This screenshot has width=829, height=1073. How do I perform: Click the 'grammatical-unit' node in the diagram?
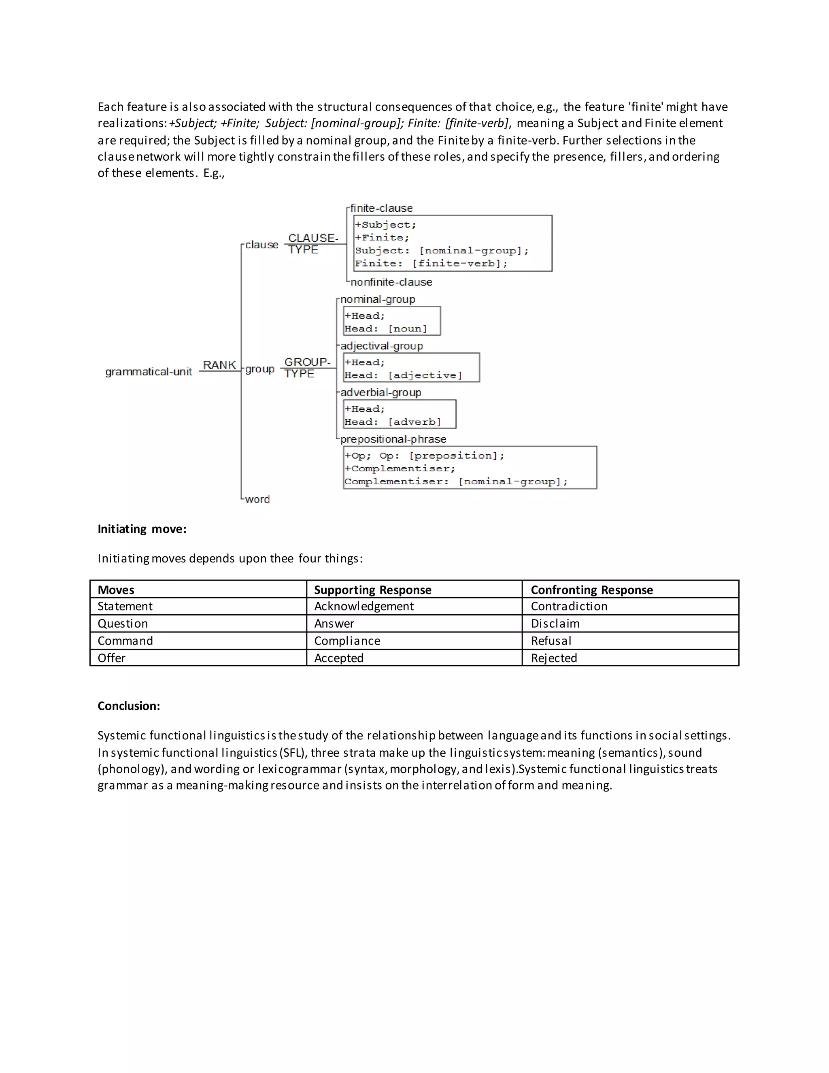(148, 372)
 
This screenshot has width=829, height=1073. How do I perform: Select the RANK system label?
(219, 365)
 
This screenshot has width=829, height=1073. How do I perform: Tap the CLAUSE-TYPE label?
(312, 244)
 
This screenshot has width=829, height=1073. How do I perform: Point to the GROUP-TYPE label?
(307, 368)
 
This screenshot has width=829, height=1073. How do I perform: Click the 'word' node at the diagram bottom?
(257, 499)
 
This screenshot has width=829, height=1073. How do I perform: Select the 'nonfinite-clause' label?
(391, 282)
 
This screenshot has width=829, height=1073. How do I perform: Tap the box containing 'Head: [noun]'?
(391, 321)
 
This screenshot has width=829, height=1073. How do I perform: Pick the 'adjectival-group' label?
(382, 346)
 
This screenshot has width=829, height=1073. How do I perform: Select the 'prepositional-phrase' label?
(393, 439)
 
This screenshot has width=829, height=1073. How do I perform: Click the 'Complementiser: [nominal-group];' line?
(456, 481)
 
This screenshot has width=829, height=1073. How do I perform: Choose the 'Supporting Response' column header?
(372, 590)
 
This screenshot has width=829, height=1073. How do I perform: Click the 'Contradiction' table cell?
(569, 606)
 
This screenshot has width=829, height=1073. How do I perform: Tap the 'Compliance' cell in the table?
(347, 641)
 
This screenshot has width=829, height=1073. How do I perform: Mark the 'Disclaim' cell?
(555, 624)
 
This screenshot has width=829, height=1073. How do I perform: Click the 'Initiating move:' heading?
(142, 529)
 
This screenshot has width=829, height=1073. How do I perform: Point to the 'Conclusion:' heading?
(129, 706)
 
